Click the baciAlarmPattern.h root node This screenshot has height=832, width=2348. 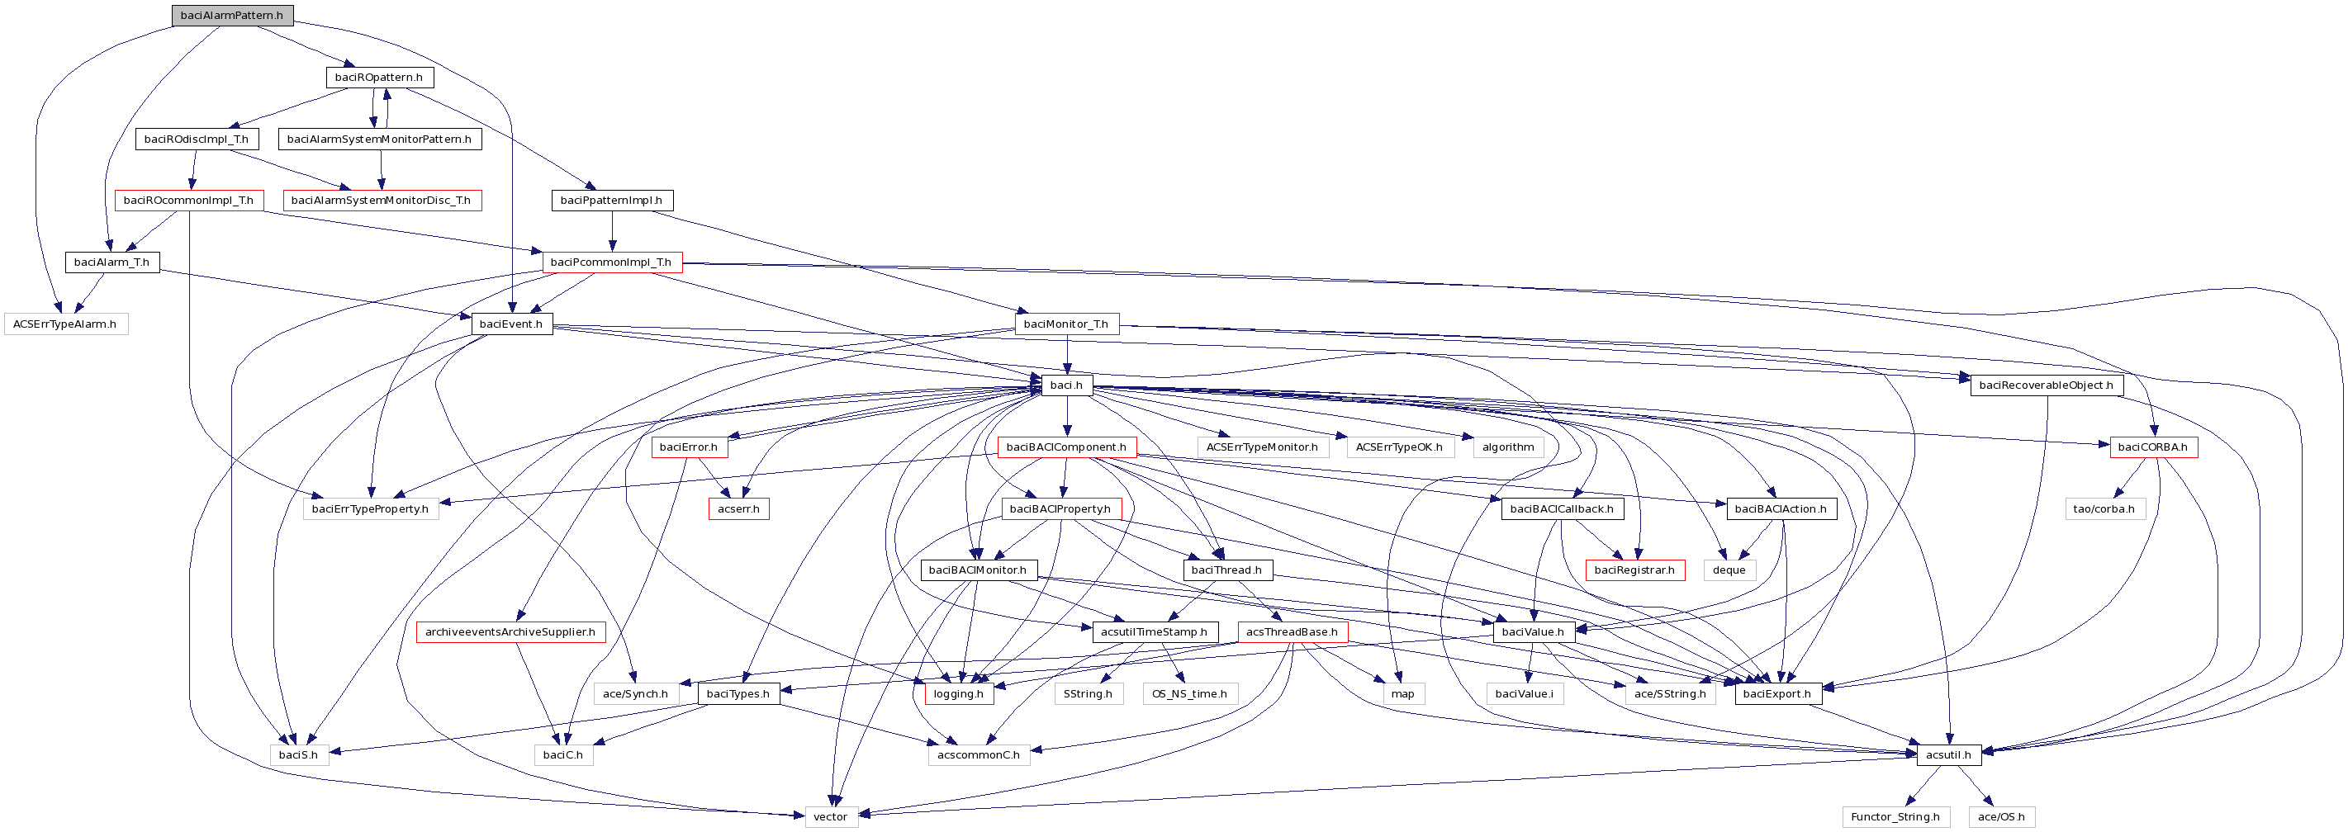point(231,16)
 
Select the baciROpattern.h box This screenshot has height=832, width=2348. point(378,78)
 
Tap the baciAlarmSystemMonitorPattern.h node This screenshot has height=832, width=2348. point(379,139)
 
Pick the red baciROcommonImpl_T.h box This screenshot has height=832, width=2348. point(188,201)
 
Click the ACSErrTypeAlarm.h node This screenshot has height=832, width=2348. point(64,324)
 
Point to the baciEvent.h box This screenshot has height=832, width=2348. point(510,324)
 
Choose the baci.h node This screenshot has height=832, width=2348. point(1065,385)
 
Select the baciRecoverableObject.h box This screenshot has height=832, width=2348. point(2046,385)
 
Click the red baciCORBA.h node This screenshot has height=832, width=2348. point(2152,447)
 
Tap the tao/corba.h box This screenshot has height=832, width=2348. point(2104,509)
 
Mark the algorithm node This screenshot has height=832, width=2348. point(1507,447)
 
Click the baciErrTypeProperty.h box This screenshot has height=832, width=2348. point(370,509)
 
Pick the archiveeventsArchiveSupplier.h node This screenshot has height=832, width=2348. point(510,632)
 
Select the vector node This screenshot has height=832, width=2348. point(830,817)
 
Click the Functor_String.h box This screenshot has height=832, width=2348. point(1895,817)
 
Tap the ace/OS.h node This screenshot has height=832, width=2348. point(2001,817)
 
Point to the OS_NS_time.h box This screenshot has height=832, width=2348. point(1189,694)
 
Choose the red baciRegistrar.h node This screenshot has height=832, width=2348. point(1634,570)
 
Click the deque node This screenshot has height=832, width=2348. point(1729,570)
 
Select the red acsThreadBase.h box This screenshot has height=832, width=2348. point(1292,632)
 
